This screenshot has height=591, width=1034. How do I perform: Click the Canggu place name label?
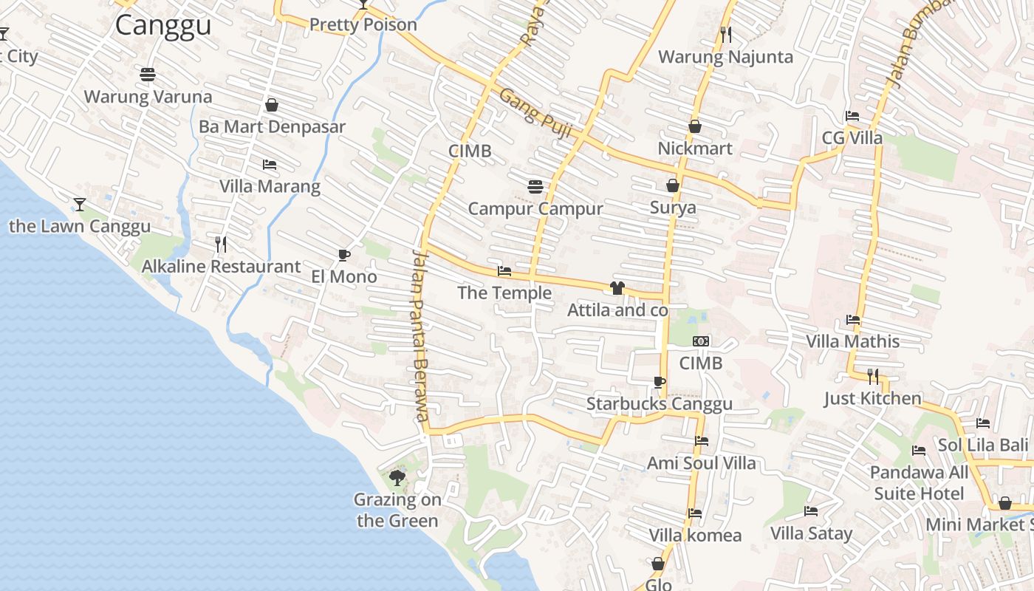tap(163, 25)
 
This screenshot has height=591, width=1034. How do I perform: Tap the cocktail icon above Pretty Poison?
tap(363, 4)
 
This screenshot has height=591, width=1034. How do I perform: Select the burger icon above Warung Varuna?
tap(148, 75)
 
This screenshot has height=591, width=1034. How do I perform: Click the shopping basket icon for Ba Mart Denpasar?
tap(272, 105)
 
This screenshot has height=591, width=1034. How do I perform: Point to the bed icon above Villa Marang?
tap(270, 165)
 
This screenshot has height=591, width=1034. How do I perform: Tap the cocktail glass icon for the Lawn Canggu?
tap(80, 204)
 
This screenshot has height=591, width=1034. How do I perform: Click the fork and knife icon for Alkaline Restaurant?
tap(221, 245)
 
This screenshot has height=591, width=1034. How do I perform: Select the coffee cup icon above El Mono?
tap(343, 255)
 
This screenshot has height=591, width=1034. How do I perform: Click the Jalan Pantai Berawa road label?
tap(420, 335)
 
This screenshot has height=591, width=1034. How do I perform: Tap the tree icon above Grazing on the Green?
tap(397, 477)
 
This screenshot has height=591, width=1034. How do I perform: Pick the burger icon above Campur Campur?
tap(535, 187)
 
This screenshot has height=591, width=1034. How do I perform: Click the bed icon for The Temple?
tap(504, 271)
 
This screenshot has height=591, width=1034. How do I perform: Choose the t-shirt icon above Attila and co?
tap(617, 288)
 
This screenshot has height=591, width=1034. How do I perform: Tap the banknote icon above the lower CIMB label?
tap(701, 341)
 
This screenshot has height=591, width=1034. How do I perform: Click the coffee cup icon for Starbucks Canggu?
tap(660, 382)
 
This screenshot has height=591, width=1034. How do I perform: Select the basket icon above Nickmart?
tap(695, 126)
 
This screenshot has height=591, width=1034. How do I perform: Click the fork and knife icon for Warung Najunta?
tap(726, 34)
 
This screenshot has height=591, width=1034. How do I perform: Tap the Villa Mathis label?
tap(853, 341)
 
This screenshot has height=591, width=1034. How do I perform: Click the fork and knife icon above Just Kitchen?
tap(873, 377)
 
